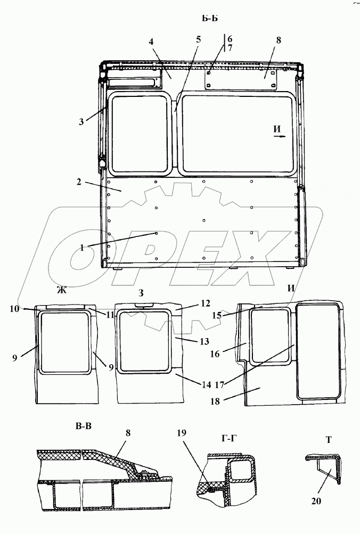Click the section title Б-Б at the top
pos(209,19)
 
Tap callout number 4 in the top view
pos(151,42)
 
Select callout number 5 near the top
pos(198,39)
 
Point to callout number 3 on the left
pos(81,122)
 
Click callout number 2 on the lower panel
pos(79,182)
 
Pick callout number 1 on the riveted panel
pos(82,248)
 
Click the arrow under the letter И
pos(279,136)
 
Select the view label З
pos(141,293)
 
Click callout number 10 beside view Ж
pos(15,309)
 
